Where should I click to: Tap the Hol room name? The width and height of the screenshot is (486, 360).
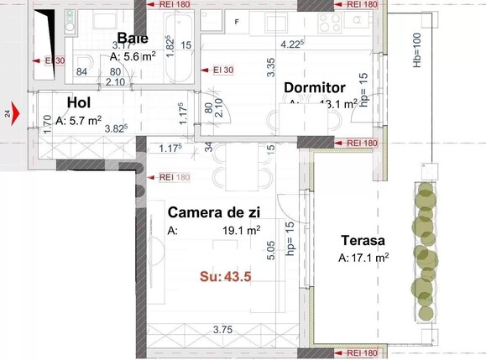coord(78,102)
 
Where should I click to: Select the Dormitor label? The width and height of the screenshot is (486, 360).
coord(315,87)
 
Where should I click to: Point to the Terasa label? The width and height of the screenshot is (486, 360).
coord(364,240)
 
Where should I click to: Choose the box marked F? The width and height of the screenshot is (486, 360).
coord(237,20)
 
